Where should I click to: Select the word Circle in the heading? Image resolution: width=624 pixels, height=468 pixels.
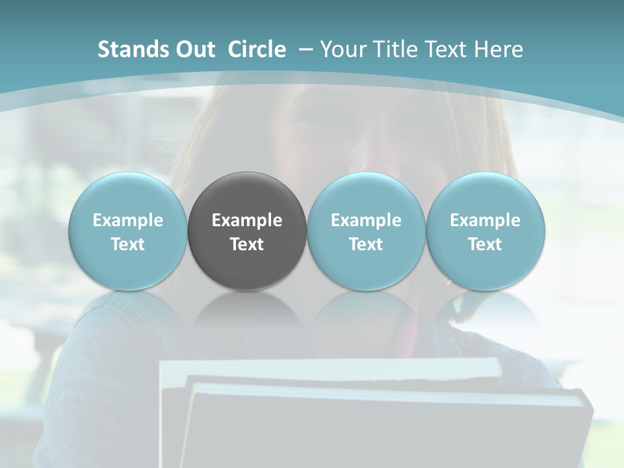coord(257,49)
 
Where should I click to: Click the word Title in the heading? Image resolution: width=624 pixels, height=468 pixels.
coord(395,49)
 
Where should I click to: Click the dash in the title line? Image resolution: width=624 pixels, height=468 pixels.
coord(304,49)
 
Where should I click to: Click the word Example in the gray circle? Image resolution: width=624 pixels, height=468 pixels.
coord(247,220)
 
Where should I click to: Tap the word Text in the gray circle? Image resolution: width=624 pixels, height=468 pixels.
coord(247,244)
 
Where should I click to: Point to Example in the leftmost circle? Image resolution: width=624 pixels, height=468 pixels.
coord(127,220)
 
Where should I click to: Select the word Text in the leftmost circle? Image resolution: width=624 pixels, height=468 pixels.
coord(127,244)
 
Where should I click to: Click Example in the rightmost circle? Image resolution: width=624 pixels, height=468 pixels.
coord(485,220)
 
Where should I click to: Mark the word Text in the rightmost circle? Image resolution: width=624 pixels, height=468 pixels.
coord(485,244)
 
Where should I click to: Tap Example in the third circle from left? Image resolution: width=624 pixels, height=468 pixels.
coord(366,220)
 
